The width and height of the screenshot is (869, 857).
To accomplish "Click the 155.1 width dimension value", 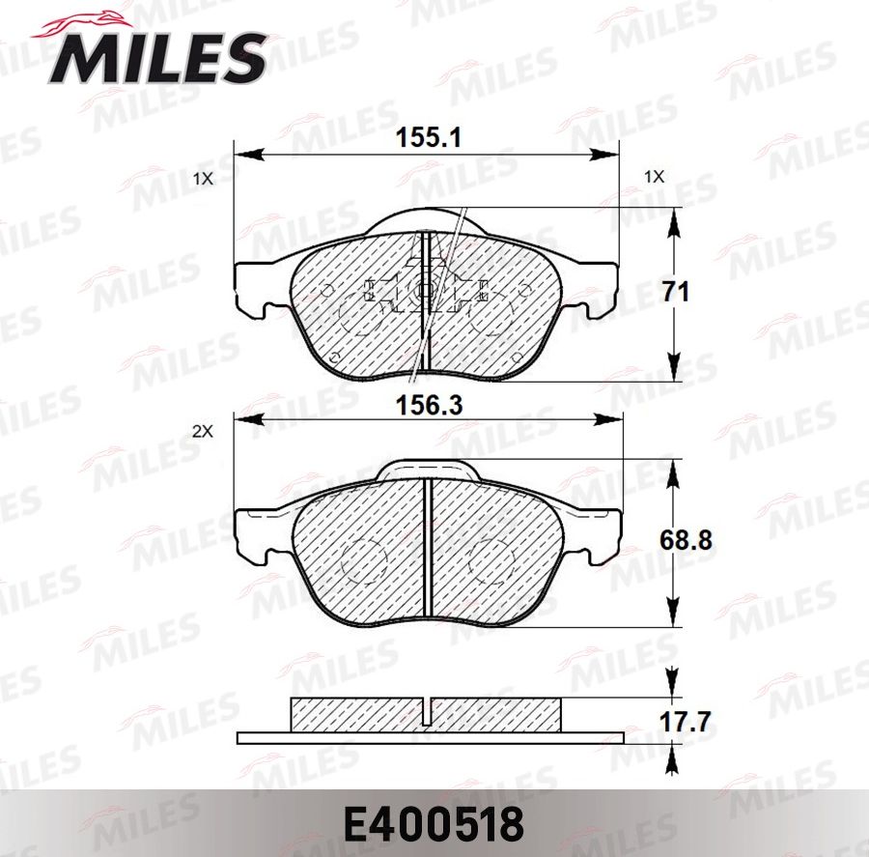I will tap(428, 138).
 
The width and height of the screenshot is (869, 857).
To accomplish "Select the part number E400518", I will tap(434, 825).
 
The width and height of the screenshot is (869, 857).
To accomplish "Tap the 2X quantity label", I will tap(202, 433).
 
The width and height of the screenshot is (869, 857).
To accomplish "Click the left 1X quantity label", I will tap(202, 179).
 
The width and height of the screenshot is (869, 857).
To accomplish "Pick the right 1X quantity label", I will tap(655, 177).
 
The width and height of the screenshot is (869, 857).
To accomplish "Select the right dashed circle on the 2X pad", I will tap(492, 560).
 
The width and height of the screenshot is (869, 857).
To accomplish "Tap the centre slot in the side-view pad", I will tap(427, 710).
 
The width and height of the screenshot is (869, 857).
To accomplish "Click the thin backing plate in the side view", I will tap(430, 738).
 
